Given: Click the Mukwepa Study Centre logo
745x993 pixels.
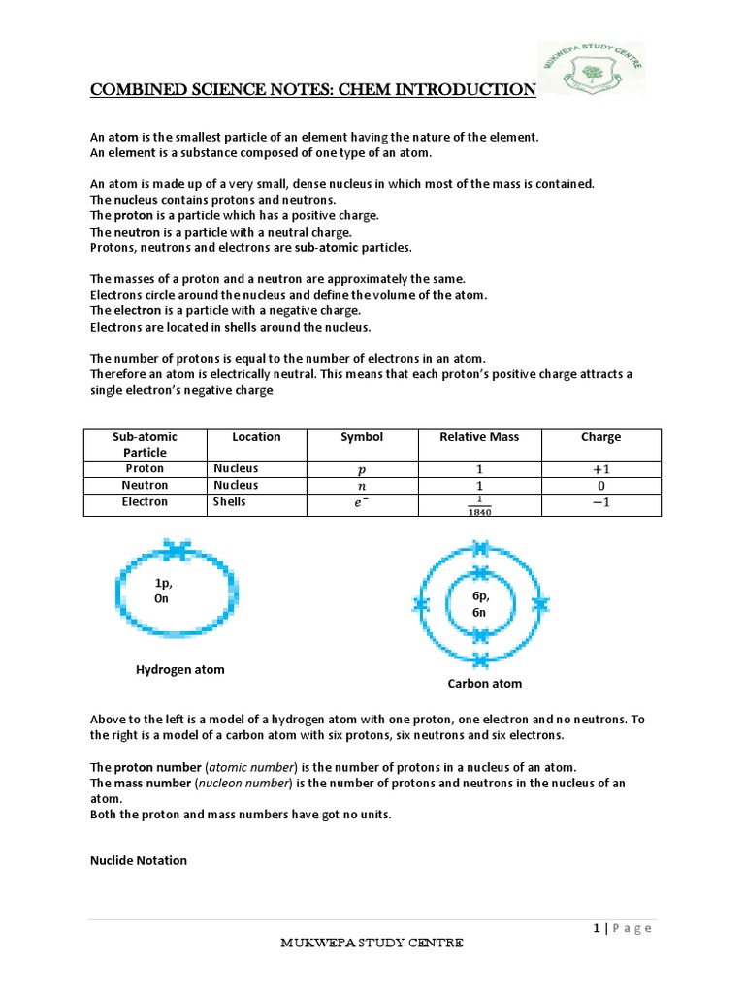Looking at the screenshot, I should click(x=591, y=70).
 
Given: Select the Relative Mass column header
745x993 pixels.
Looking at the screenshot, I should click(x=478, y=437).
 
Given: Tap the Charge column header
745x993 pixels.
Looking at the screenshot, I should click(x=600, y=437).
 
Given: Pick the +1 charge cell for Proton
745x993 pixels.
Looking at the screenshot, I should click(x=600, y=469).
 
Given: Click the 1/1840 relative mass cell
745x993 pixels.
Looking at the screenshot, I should click(x=478, y=506).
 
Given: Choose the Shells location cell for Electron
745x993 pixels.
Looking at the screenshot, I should click(x=231, y=501).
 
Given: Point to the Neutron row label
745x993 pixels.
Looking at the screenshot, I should click(x=145, y=485).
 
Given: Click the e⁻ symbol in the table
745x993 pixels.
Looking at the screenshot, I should click(x=362, y=503).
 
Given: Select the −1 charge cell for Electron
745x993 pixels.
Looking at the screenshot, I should click(x=600, y=503).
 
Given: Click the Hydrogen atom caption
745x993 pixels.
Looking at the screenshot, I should click(x=179, y=670).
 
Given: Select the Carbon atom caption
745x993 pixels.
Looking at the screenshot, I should click(x=484, y=684).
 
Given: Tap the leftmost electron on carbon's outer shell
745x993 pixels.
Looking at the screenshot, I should click(x=421, y=605).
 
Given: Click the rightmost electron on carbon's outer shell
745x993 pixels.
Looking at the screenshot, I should click(x=541, y=605).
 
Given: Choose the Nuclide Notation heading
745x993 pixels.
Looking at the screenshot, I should click(x=139, y=860).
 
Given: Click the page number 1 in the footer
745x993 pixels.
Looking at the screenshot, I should click(x=597, y=928).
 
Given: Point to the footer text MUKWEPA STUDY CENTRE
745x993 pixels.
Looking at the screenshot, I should click(x=372, y=943).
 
